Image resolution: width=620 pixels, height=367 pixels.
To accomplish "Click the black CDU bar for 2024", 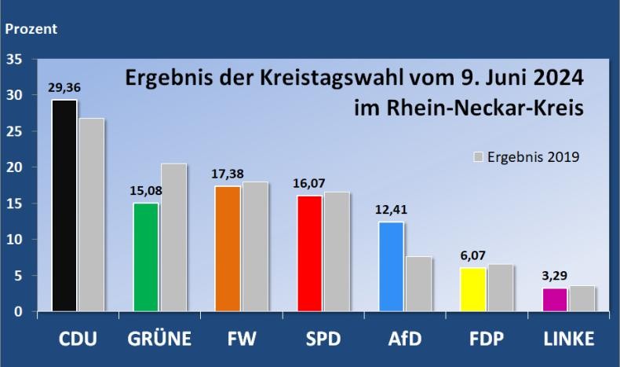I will point(64,206).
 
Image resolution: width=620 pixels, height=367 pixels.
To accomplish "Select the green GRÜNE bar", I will point(145,257).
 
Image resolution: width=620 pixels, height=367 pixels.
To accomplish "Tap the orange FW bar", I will point(228,249).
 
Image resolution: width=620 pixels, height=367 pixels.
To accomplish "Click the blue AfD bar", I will point(391,266).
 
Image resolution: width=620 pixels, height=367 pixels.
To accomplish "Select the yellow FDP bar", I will point(472,289).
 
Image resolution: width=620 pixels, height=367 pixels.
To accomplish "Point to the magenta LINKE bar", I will point(555,299).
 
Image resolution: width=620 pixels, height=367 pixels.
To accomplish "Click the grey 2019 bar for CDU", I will point(92,215).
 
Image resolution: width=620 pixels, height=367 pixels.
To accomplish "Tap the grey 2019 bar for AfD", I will point(418,284).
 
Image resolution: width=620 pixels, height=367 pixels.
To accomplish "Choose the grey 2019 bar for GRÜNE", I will point(173,237).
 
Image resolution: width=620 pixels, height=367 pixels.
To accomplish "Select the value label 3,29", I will point(554,277).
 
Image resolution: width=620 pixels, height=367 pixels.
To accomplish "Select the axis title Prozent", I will point(31,30).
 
